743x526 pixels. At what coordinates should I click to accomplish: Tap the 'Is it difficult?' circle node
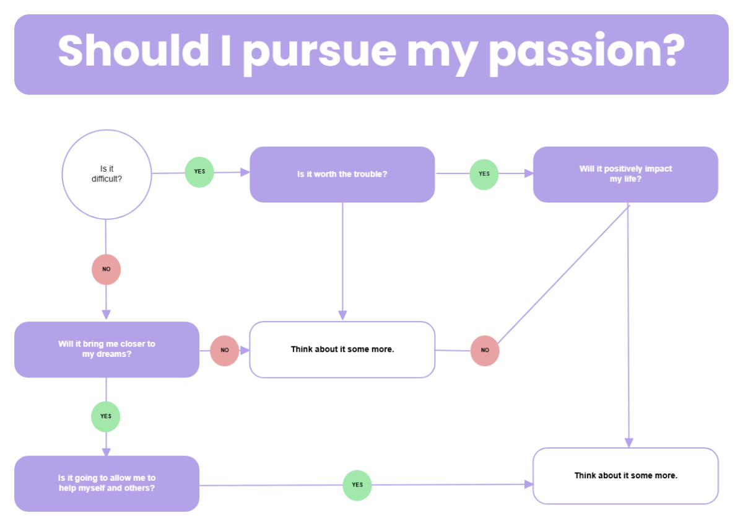pos(106,174)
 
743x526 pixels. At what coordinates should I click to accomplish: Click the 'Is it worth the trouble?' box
pos(342,174)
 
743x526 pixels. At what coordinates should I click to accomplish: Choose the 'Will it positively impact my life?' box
pos(625,174)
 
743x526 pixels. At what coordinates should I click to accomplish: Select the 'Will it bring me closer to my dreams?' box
pos(106,349)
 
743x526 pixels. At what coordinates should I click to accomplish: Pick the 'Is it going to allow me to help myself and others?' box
pos(106,483)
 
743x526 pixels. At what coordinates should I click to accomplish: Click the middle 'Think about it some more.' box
pos(342,349)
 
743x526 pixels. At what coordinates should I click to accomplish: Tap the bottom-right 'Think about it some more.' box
pos(625,476)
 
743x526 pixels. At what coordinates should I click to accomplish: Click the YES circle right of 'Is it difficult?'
pos(199,172)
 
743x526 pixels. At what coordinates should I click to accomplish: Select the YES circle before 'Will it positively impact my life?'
pos(484,174)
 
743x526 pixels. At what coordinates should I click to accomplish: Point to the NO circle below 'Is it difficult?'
pos(106,270)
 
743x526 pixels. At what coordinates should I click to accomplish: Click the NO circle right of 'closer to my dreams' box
pos(225,351)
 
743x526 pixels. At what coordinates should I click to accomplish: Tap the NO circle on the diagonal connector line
pos(485,351)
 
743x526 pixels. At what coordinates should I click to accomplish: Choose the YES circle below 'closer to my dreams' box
pos(106,416)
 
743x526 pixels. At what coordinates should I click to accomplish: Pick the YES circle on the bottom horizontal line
pos(357,485)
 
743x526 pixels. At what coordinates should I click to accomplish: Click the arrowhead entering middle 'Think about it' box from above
pos(342,315)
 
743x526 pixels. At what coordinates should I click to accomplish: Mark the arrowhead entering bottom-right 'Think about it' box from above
pos(628,442)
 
